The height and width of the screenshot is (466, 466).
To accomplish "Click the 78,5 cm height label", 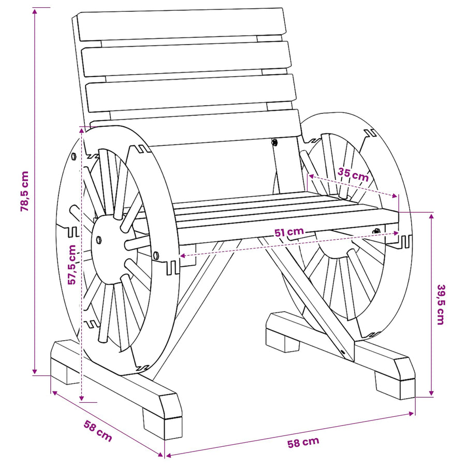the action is pyautogui.click(x=24, y=192).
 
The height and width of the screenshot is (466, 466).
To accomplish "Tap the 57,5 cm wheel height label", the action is pyautogui.click(x=72, y=265).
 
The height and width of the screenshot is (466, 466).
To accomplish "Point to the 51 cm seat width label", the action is pyautogui.click(x=289, y=232).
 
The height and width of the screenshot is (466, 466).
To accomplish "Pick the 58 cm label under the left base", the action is pyautogui.click(x=98, y=431).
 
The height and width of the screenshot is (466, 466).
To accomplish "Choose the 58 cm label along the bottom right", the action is pyautogui.click(x=303, y=442).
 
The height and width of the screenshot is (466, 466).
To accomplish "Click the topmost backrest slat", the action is pyautogui.click(x=182, y=24).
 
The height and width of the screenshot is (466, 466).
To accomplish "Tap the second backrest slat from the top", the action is pyautogui.click(x=186, y=59).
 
